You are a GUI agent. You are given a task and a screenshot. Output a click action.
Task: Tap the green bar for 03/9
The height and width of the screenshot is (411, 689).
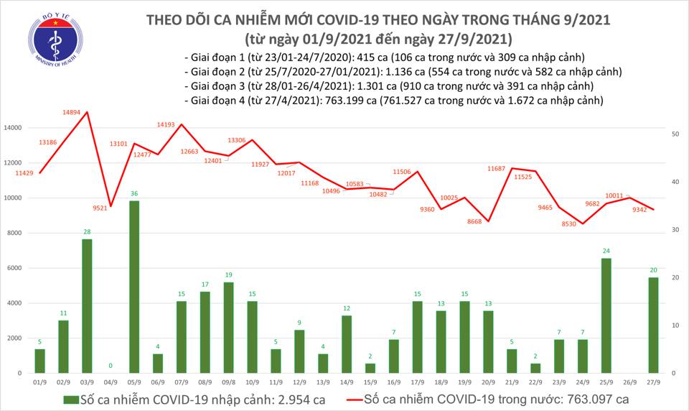[87, 305]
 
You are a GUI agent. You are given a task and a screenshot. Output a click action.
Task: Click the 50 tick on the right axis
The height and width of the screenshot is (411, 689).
[675, 134]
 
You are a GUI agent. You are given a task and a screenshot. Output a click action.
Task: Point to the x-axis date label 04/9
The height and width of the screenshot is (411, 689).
[111, 384]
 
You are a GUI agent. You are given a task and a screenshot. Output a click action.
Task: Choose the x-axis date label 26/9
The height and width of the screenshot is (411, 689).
[629, 384]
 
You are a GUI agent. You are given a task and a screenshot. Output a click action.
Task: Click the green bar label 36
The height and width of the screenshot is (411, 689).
[134, 194]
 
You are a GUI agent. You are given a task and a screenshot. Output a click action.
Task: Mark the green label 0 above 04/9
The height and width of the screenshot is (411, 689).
[111, 366]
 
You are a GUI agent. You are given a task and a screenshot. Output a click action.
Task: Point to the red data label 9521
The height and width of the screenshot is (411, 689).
[99, 208]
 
